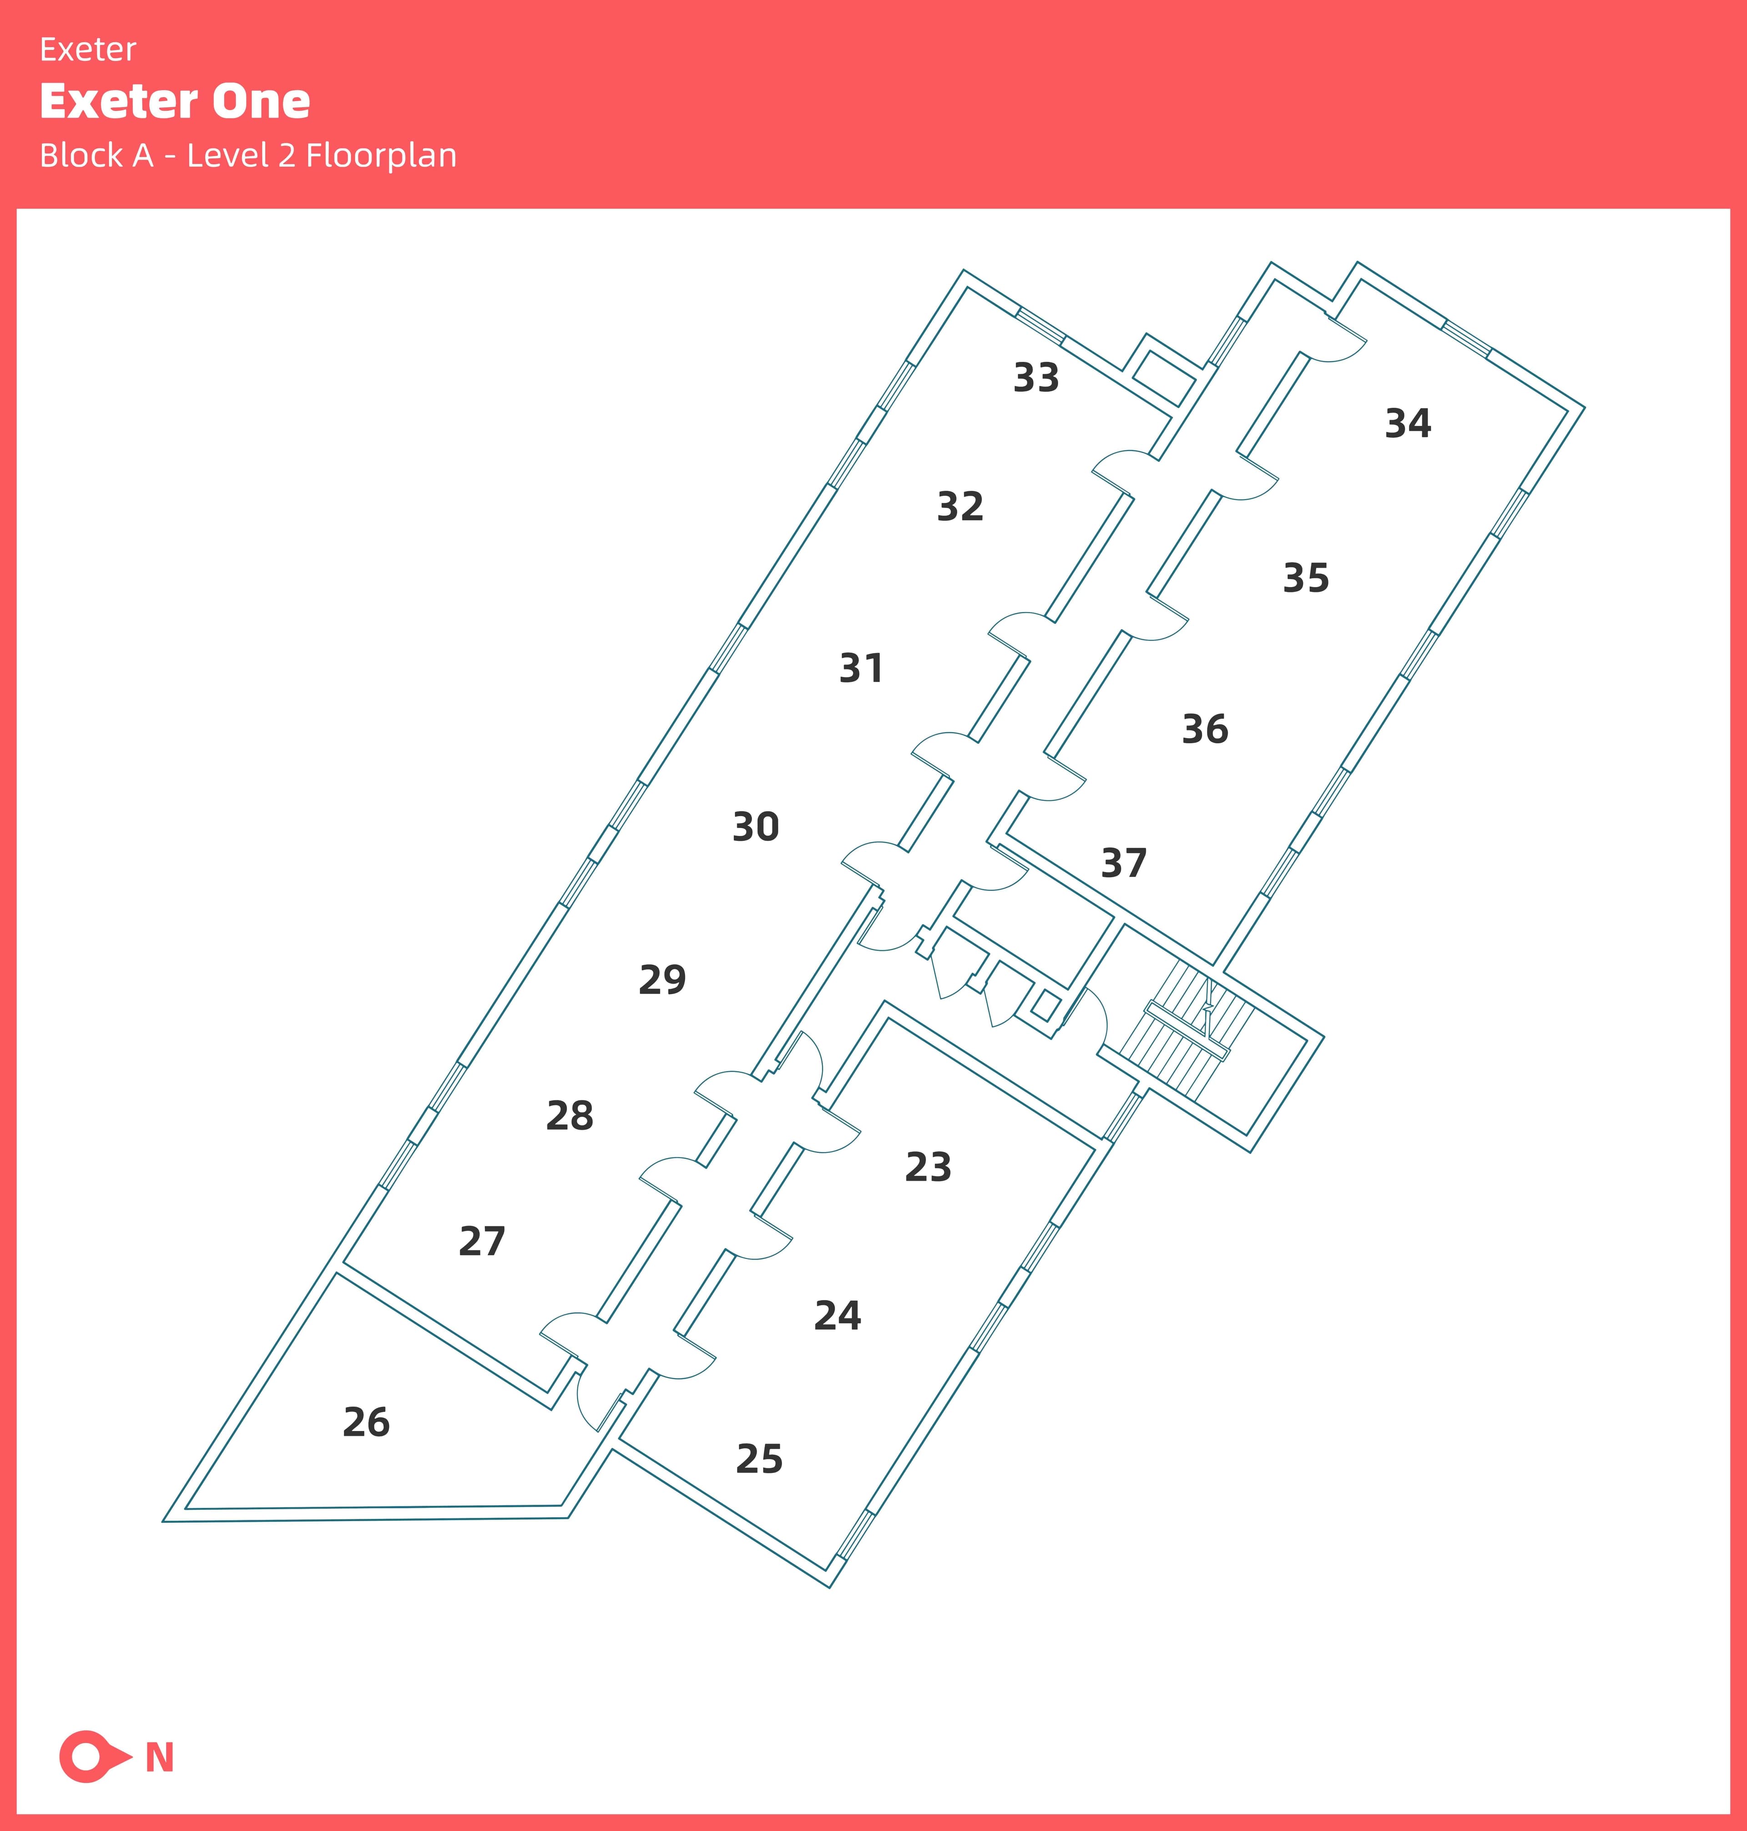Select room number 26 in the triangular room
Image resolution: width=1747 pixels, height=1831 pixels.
click(366, 1422)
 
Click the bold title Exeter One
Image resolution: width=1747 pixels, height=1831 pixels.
click(175, 101)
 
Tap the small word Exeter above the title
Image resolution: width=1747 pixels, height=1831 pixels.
click(88, 49)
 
